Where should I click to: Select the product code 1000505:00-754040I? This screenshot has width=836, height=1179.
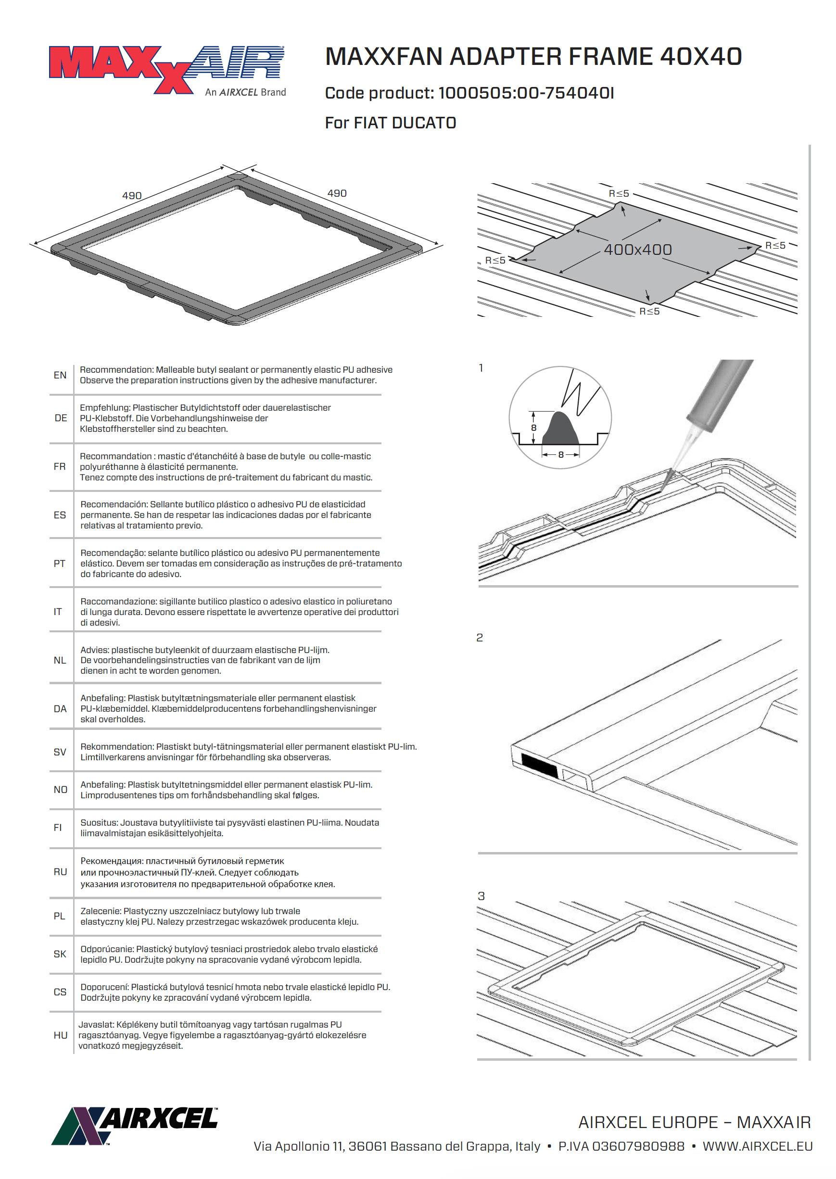tap(526, 93)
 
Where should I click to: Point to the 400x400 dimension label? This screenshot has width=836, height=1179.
tap(637, 250)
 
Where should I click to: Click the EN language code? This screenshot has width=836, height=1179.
tap(60, 375)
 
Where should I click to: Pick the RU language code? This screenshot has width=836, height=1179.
tap(60, 872)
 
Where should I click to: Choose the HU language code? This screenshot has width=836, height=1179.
tap(60, 1035)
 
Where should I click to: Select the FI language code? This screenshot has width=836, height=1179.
tap(58, 828)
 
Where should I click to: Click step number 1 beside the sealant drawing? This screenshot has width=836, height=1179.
tap(481, 368)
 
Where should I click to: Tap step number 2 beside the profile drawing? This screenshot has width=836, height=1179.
tap(480, 638)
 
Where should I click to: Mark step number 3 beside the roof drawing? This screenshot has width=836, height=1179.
tap(481, 896)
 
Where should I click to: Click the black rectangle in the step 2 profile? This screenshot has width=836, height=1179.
tap(539, 765)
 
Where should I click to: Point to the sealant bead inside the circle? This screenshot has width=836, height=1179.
tap(560, 430)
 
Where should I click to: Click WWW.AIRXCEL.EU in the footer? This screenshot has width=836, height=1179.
tap(757, 1146)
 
